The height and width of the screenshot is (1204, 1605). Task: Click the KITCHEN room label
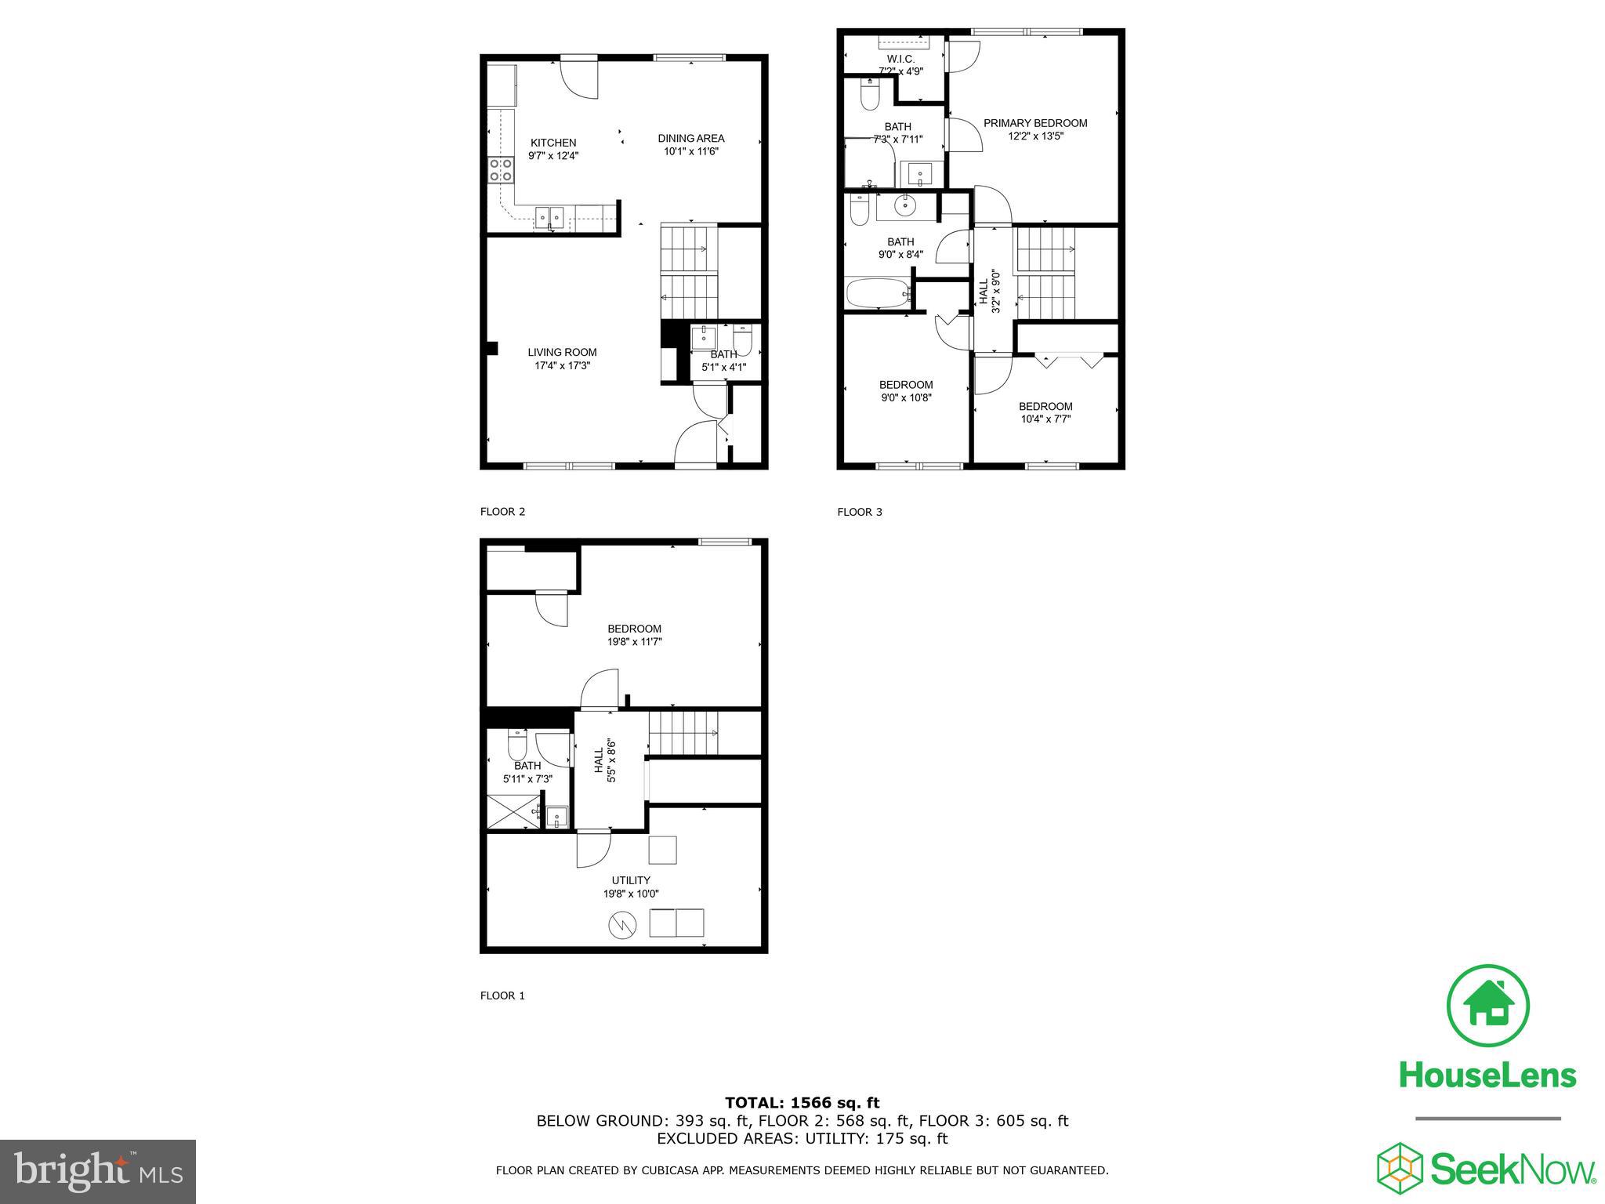point(553,143)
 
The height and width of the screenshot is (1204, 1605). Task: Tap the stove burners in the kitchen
point(502,170)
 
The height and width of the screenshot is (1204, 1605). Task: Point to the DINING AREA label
point(690,139)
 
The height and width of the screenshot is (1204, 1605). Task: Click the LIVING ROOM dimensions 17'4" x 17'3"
point(559,365)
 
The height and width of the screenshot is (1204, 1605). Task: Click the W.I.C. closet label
point(900,60)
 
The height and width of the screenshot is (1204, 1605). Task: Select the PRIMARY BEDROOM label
point(1035,123)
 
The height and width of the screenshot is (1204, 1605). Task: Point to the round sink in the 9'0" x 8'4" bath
point(905,206)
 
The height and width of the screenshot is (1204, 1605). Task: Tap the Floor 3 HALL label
point(984,291)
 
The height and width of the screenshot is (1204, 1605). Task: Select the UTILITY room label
point(631,880)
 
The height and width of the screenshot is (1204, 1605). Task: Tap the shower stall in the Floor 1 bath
point(509,812)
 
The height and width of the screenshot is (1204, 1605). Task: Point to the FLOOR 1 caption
point(502,995)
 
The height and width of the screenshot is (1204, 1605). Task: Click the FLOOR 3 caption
point(860,512)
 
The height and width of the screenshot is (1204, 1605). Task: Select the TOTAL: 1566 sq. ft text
point(802,1103)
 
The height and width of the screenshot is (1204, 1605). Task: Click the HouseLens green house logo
point(1487,1006)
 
